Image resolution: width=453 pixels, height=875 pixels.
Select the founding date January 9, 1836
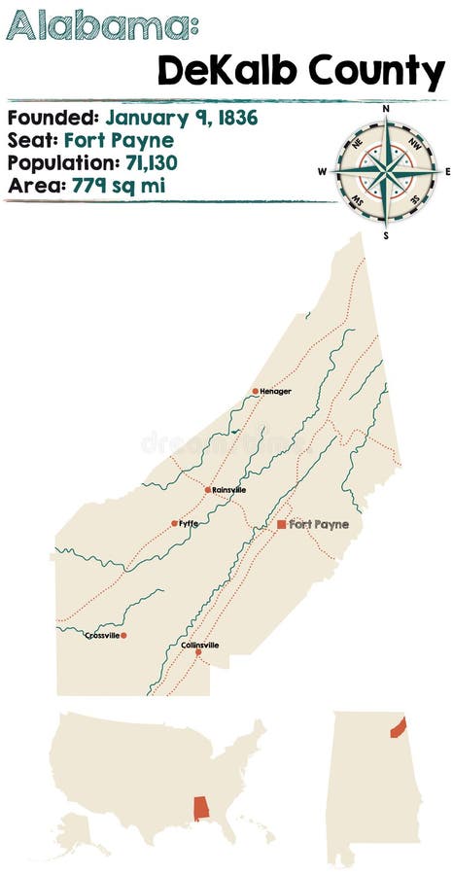tap(182, 119)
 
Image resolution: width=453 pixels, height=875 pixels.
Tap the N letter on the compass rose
tap(386, 108)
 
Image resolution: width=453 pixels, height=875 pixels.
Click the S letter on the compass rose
tap(386, 234)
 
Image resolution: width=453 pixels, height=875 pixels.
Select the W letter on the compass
tap(322, 171)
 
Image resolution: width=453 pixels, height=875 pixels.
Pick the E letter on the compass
tap(448, 171)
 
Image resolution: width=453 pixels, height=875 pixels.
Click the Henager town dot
tap(256, 392)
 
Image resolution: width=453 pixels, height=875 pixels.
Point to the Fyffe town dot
tap(175, 523)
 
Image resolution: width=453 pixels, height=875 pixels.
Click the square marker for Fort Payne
tap(281, 524)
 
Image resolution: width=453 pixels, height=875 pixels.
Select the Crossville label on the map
tap(101, 636)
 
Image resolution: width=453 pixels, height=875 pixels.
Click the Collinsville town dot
tap(198, 652)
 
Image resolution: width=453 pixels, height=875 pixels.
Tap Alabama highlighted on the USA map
tap(203, 809)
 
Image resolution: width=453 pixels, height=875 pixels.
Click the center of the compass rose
tap(386, 171)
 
